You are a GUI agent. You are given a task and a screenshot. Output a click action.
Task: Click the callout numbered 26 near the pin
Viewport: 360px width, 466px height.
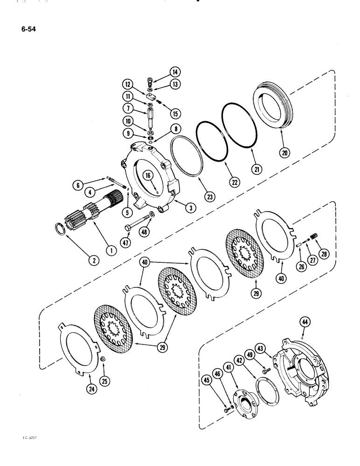coord(298,266)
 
